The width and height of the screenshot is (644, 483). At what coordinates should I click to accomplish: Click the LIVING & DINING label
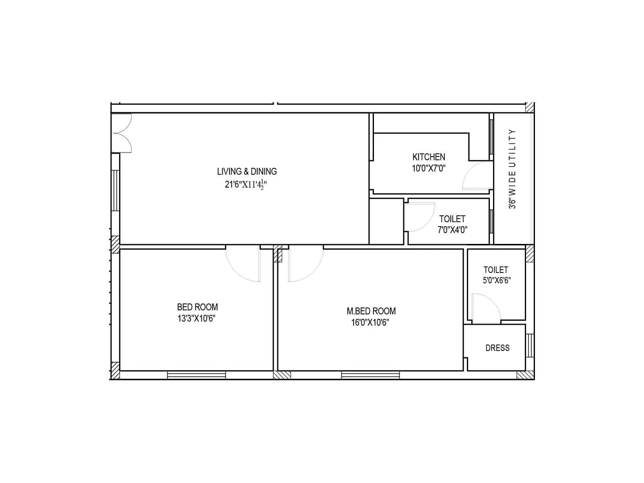click(x=247, y=171)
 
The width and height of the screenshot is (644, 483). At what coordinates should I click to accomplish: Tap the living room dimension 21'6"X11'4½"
click(x=246, y=185)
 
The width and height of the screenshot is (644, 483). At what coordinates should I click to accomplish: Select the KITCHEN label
click(x=429, y=157)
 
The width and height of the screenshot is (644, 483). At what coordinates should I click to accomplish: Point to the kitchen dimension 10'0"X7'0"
click(x=429, y=168)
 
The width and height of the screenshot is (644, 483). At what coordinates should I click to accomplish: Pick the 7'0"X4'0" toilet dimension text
click(x=452, y=230)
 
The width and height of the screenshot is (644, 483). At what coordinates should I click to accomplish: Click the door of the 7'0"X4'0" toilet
click(x=420, y=217)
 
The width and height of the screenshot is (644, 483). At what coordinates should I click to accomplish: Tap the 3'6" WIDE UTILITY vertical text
click(x=512, y=169)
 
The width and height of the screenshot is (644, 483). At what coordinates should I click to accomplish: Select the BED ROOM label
click(x=197, y=307)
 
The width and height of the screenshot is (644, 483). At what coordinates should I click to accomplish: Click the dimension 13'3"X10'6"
click(x=196, y=319)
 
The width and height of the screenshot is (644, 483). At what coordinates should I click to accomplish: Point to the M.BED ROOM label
click(x=371, y=311)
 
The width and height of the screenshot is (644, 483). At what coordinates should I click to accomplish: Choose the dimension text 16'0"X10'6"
click(x=370, y=322)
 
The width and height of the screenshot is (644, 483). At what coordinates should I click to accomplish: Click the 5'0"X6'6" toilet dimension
click(x=497, y=281)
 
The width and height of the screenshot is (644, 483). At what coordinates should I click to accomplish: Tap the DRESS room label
click(x=497, y=348)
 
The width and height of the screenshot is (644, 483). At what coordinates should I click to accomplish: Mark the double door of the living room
click(x=122, y=133)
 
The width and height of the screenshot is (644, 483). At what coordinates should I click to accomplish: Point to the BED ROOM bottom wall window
click(x=196, y=375)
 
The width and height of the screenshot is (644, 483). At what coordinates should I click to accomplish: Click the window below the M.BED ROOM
click(x=370, y=375)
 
